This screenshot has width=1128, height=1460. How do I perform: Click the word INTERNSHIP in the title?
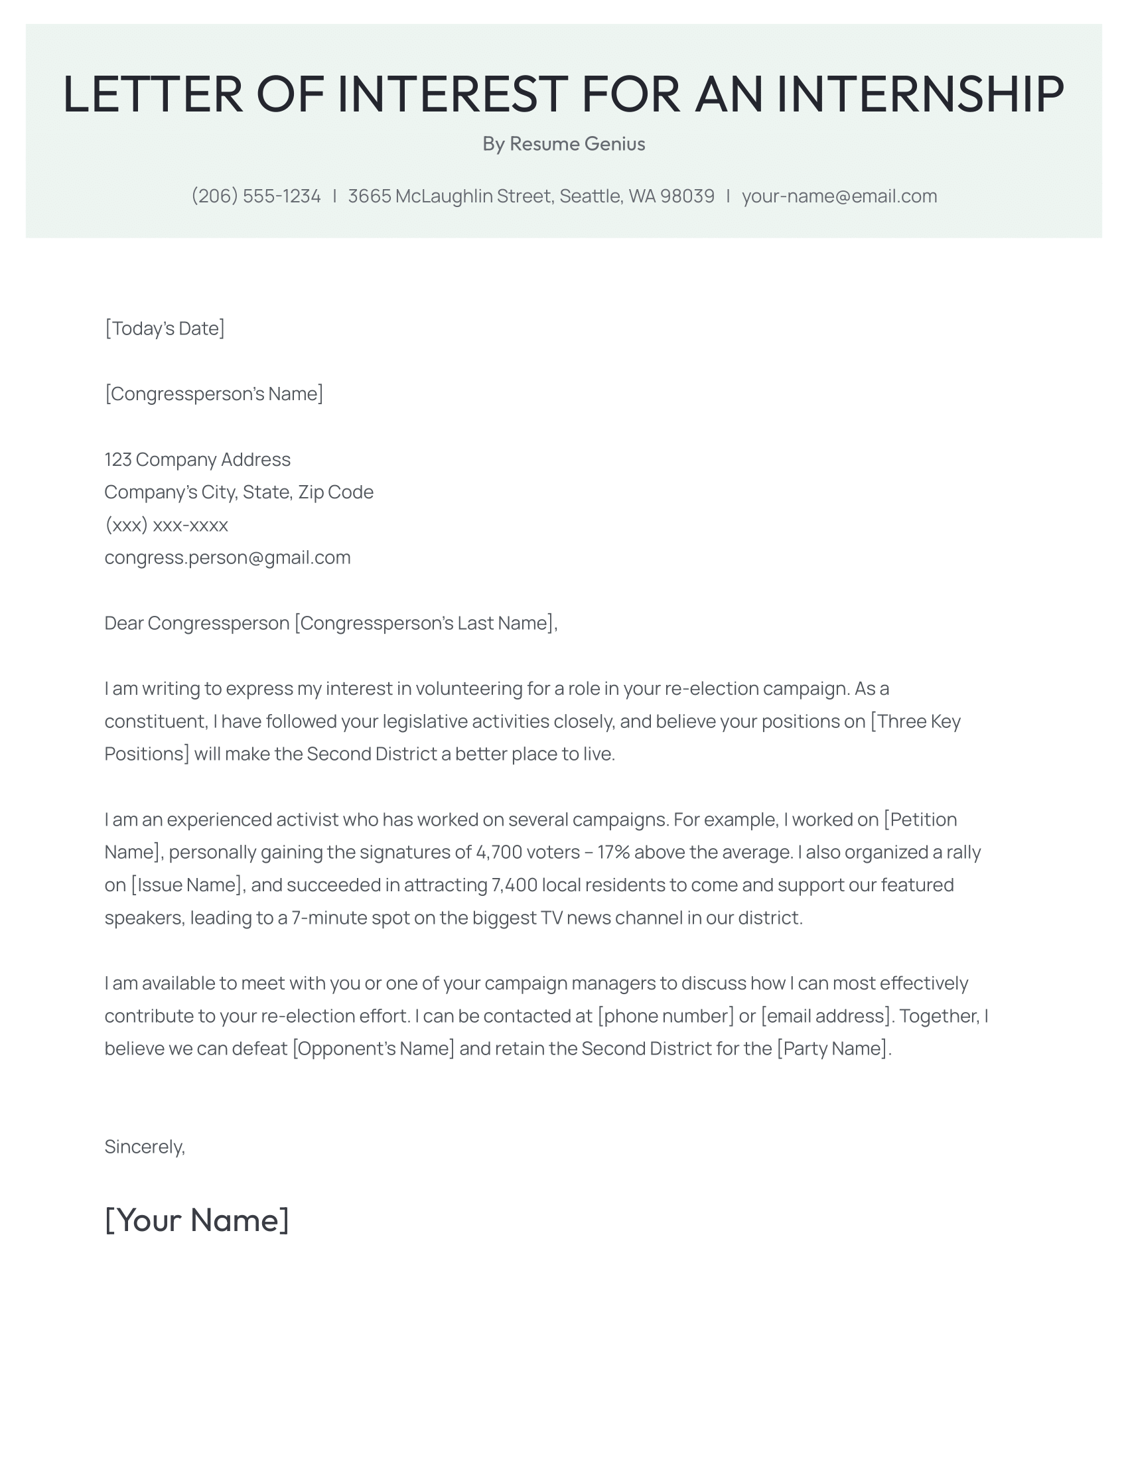point(920,94)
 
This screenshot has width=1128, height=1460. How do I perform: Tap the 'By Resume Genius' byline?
point(563,144)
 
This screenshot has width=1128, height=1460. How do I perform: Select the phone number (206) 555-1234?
point(256,196)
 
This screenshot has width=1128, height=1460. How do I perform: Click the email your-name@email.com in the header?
point(839,196)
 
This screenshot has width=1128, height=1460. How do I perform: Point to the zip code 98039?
point(687,196)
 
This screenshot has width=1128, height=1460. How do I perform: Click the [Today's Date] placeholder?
point(165,328)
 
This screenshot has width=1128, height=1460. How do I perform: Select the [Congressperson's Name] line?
point(214,394)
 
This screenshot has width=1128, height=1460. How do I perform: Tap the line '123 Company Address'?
point(197,459)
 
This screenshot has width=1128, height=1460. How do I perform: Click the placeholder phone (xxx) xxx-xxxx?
point(167,525)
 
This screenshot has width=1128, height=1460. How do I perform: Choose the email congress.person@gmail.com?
point(227,557)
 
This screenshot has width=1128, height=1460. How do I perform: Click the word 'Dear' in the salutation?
point(123,623)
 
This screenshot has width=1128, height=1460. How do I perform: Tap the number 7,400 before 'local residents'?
point(514,885)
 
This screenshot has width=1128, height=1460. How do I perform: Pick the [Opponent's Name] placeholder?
point(373,1049)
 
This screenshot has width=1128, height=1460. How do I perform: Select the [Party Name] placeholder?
point(833,1049)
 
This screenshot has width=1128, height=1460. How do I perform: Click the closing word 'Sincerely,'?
point(145,1147)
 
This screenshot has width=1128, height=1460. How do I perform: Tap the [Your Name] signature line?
point(197,1220)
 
